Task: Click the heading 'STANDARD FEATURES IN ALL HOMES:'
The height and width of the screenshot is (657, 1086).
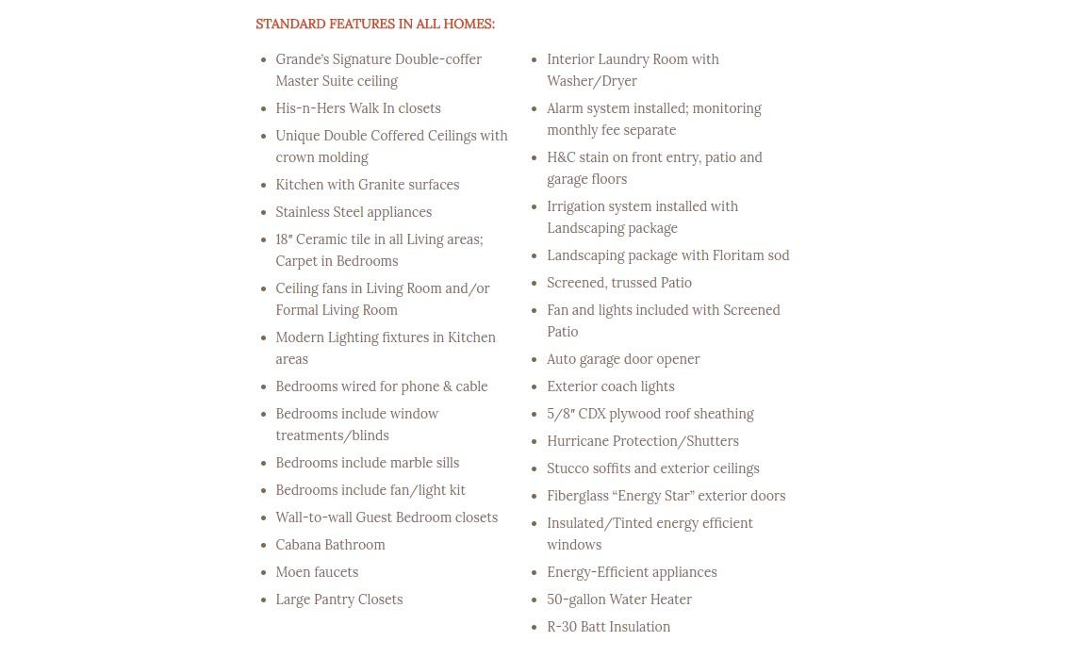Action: (374, 25)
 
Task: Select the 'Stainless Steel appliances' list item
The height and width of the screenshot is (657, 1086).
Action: (354, 212)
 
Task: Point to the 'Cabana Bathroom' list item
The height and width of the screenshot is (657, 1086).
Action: (330, 545)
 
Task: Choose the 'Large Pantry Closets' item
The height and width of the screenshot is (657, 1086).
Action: (338, 600)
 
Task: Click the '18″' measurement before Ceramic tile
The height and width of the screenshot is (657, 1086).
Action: (284, 239)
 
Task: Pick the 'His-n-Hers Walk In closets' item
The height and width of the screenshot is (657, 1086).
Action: (358, 108)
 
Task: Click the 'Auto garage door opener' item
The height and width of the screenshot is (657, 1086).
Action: (623, 359)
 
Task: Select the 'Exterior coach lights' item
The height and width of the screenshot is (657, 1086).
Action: (610, 386)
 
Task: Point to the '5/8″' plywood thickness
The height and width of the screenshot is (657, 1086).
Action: (563, 414)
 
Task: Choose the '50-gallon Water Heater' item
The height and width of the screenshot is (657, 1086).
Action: (618, 600)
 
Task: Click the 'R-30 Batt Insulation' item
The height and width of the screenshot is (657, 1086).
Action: (608, 627)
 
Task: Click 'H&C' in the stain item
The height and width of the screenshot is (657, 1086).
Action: (561, 157)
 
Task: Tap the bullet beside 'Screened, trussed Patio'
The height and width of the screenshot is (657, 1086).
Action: (535, 284)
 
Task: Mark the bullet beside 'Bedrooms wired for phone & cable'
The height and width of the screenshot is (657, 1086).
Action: (264, 387)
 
